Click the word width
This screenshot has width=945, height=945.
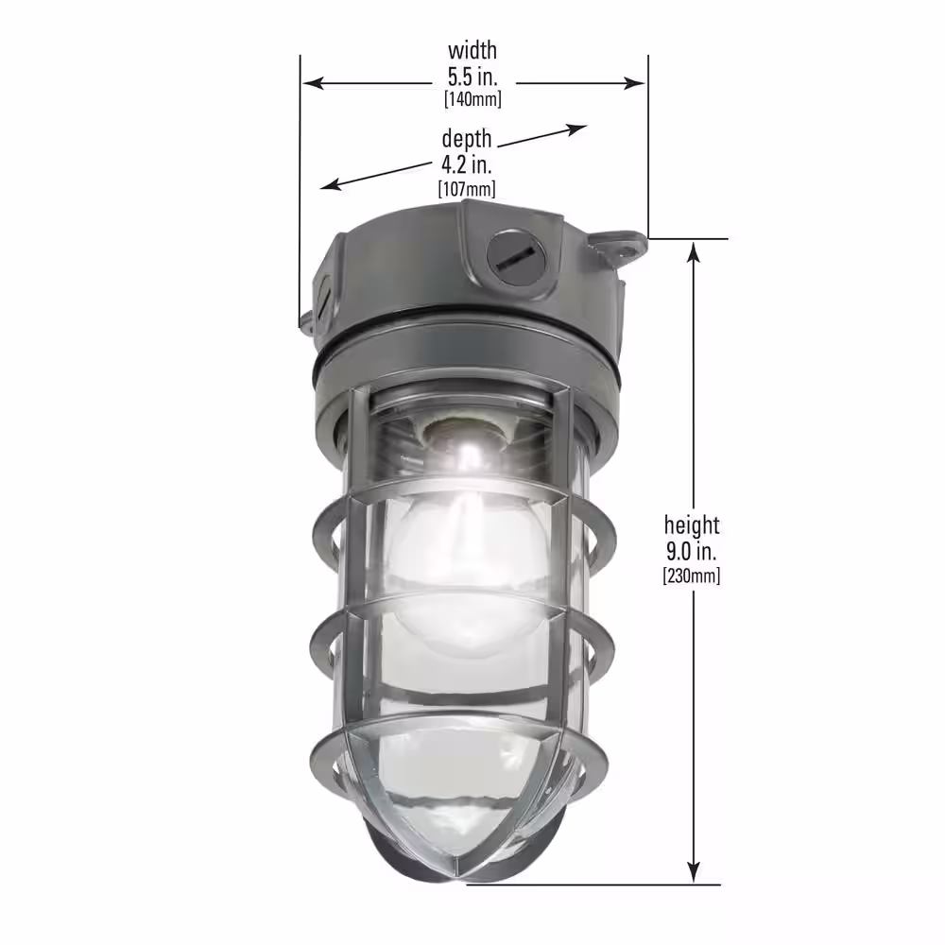(472, 51)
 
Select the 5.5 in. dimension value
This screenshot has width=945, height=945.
(472, 77)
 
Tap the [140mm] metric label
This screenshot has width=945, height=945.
(472, 99)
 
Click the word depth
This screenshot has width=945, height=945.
(467, 139)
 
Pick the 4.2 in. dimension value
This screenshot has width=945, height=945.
(467, 164)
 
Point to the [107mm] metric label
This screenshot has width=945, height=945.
(467, 189)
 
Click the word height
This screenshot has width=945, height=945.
(692, 524)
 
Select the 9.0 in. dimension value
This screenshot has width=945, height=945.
(692, 551)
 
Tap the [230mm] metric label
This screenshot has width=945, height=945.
(692, 576)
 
